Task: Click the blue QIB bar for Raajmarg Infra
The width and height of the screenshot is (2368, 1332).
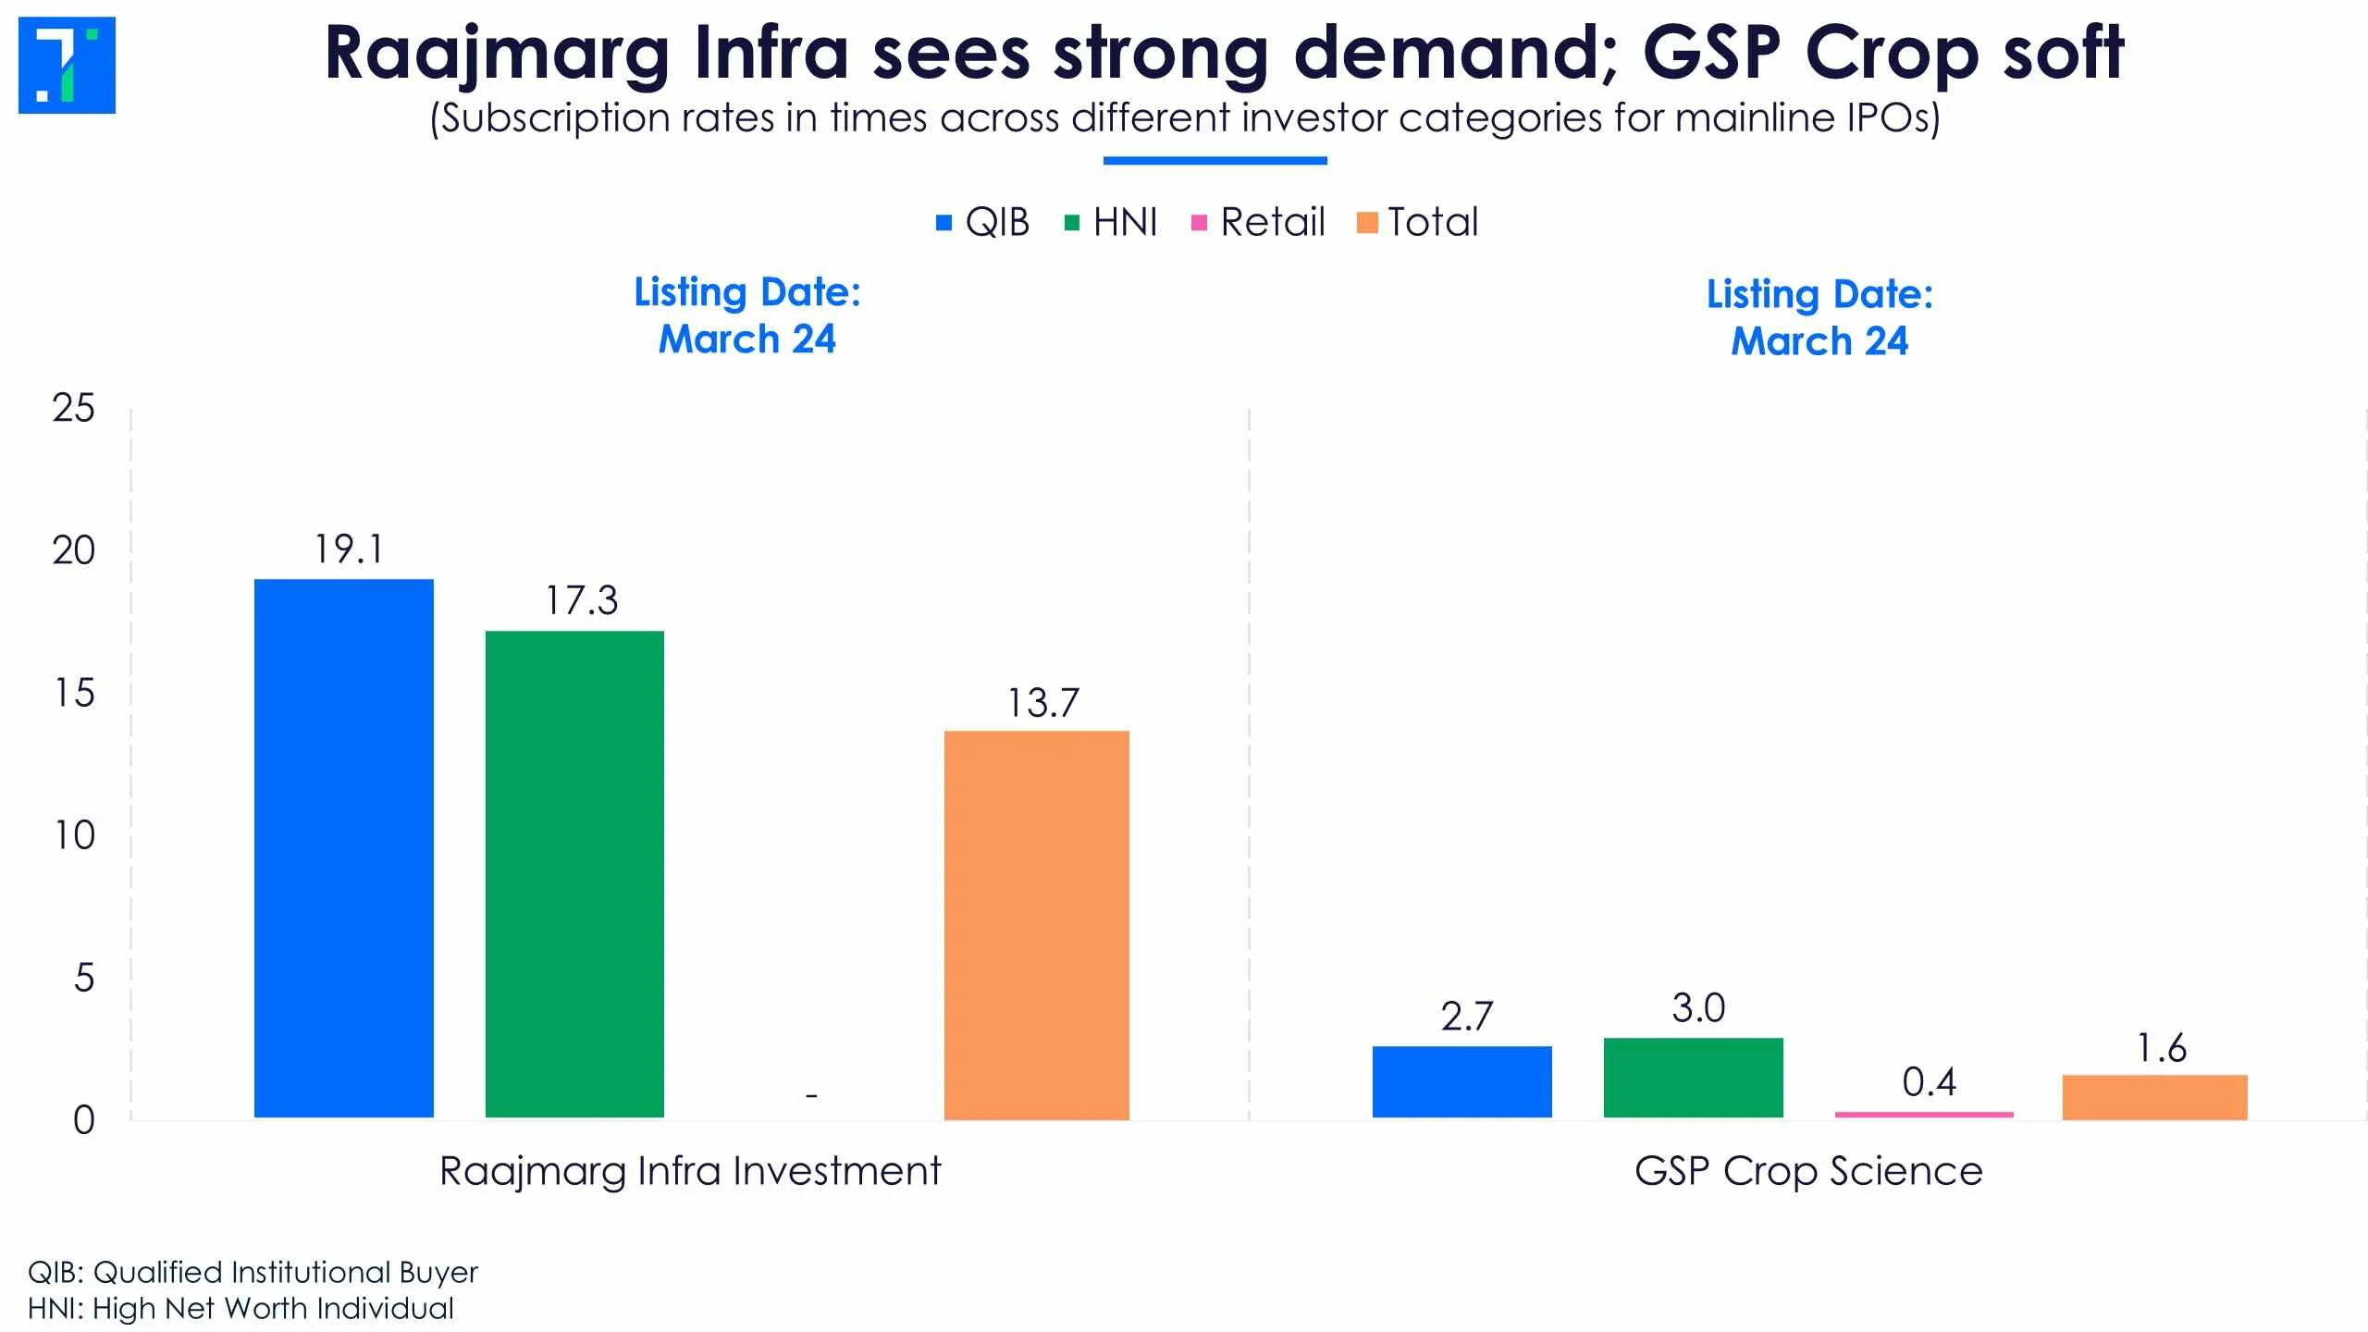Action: coord(343,848)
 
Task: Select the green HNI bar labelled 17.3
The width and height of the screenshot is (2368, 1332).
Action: coord(574,874)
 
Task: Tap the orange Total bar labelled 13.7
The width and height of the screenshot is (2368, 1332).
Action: coord(1036,924)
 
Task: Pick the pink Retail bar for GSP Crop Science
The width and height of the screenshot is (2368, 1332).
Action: coord(1924,1115)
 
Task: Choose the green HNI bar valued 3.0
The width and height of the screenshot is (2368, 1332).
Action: coord(1693,1078)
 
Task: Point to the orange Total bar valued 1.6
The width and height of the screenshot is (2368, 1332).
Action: coord(2154,1097)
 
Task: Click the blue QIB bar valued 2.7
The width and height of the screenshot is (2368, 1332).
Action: coord(1461,1081)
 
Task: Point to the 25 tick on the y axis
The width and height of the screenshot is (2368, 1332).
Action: coord(74,408)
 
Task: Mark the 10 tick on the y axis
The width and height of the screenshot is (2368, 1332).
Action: coord(74,835)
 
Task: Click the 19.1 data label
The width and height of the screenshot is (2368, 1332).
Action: coord(348,549)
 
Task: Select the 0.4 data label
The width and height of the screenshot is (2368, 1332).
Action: coord(1929,1082)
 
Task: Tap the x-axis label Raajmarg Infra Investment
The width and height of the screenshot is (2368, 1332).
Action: coord(689,1171)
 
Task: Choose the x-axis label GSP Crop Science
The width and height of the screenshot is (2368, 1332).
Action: coord(1808,1171)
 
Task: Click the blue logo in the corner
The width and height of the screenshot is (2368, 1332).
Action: coord(67,65)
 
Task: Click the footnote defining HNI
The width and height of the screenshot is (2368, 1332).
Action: coord(240,1309)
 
